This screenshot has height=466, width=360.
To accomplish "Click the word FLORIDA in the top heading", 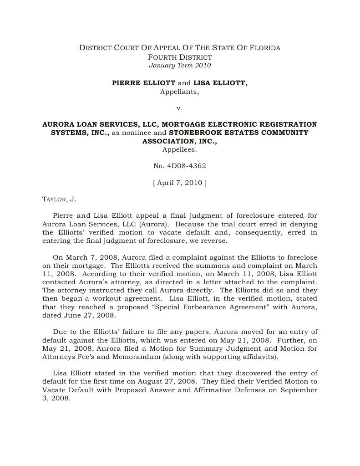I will [x=265, y=48].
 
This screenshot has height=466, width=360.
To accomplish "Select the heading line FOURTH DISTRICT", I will [x=180, y=57].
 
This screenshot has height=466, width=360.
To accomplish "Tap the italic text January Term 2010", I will [x=180, y=65].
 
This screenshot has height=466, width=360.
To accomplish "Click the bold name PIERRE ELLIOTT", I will [x=143, y=83].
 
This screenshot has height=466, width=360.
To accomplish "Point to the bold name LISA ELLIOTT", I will [x=220, y=83].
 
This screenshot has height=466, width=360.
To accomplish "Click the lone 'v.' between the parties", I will [x=179, y=108].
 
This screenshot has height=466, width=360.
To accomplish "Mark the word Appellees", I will [x=180, y=149].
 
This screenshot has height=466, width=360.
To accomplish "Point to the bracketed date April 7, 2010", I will [x=180, y=183].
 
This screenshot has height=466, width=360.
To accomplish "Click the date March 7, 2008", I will [x=87, y=257].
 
